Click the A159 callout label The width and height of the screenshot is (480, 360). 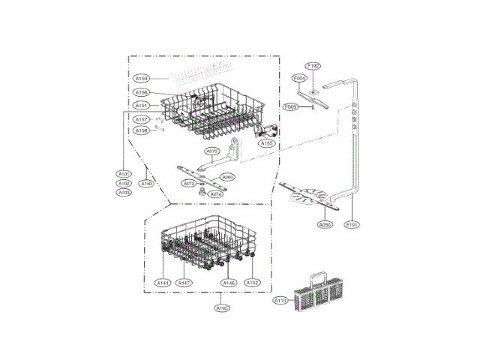[142, 78]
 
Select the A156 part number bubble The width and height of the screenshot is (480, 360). [142, 93]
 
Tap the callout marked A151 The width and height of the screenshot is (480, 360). [142, 105]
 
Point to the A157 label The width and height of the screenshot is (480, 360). [142, 120]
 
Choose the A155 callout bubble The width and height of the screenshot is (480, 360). [266, 143]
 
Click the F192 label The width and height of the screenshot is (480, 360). [313, 66]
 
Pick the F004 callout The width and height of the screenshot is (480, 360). [298, 78]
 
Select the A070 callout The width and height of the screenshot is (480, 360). [212, 151]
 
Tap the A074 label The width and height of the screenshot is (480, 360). [216, 193]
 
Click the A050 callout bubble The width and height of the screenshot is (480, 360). [325, 224]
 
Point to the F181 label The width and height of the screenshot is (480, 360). [352, 224]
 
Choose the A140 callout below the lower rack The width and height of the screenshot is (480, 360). [222, 308]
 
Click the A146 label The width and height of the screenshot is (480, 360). [229, 283]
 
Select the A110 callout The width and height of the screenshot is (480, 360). [280, 300]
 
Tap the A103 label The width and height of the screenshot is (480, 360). [124, 193]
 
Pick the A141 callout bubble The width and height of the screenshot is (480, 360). [163, 283]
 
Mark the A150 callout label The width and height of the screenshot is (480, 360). [147, 184]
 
